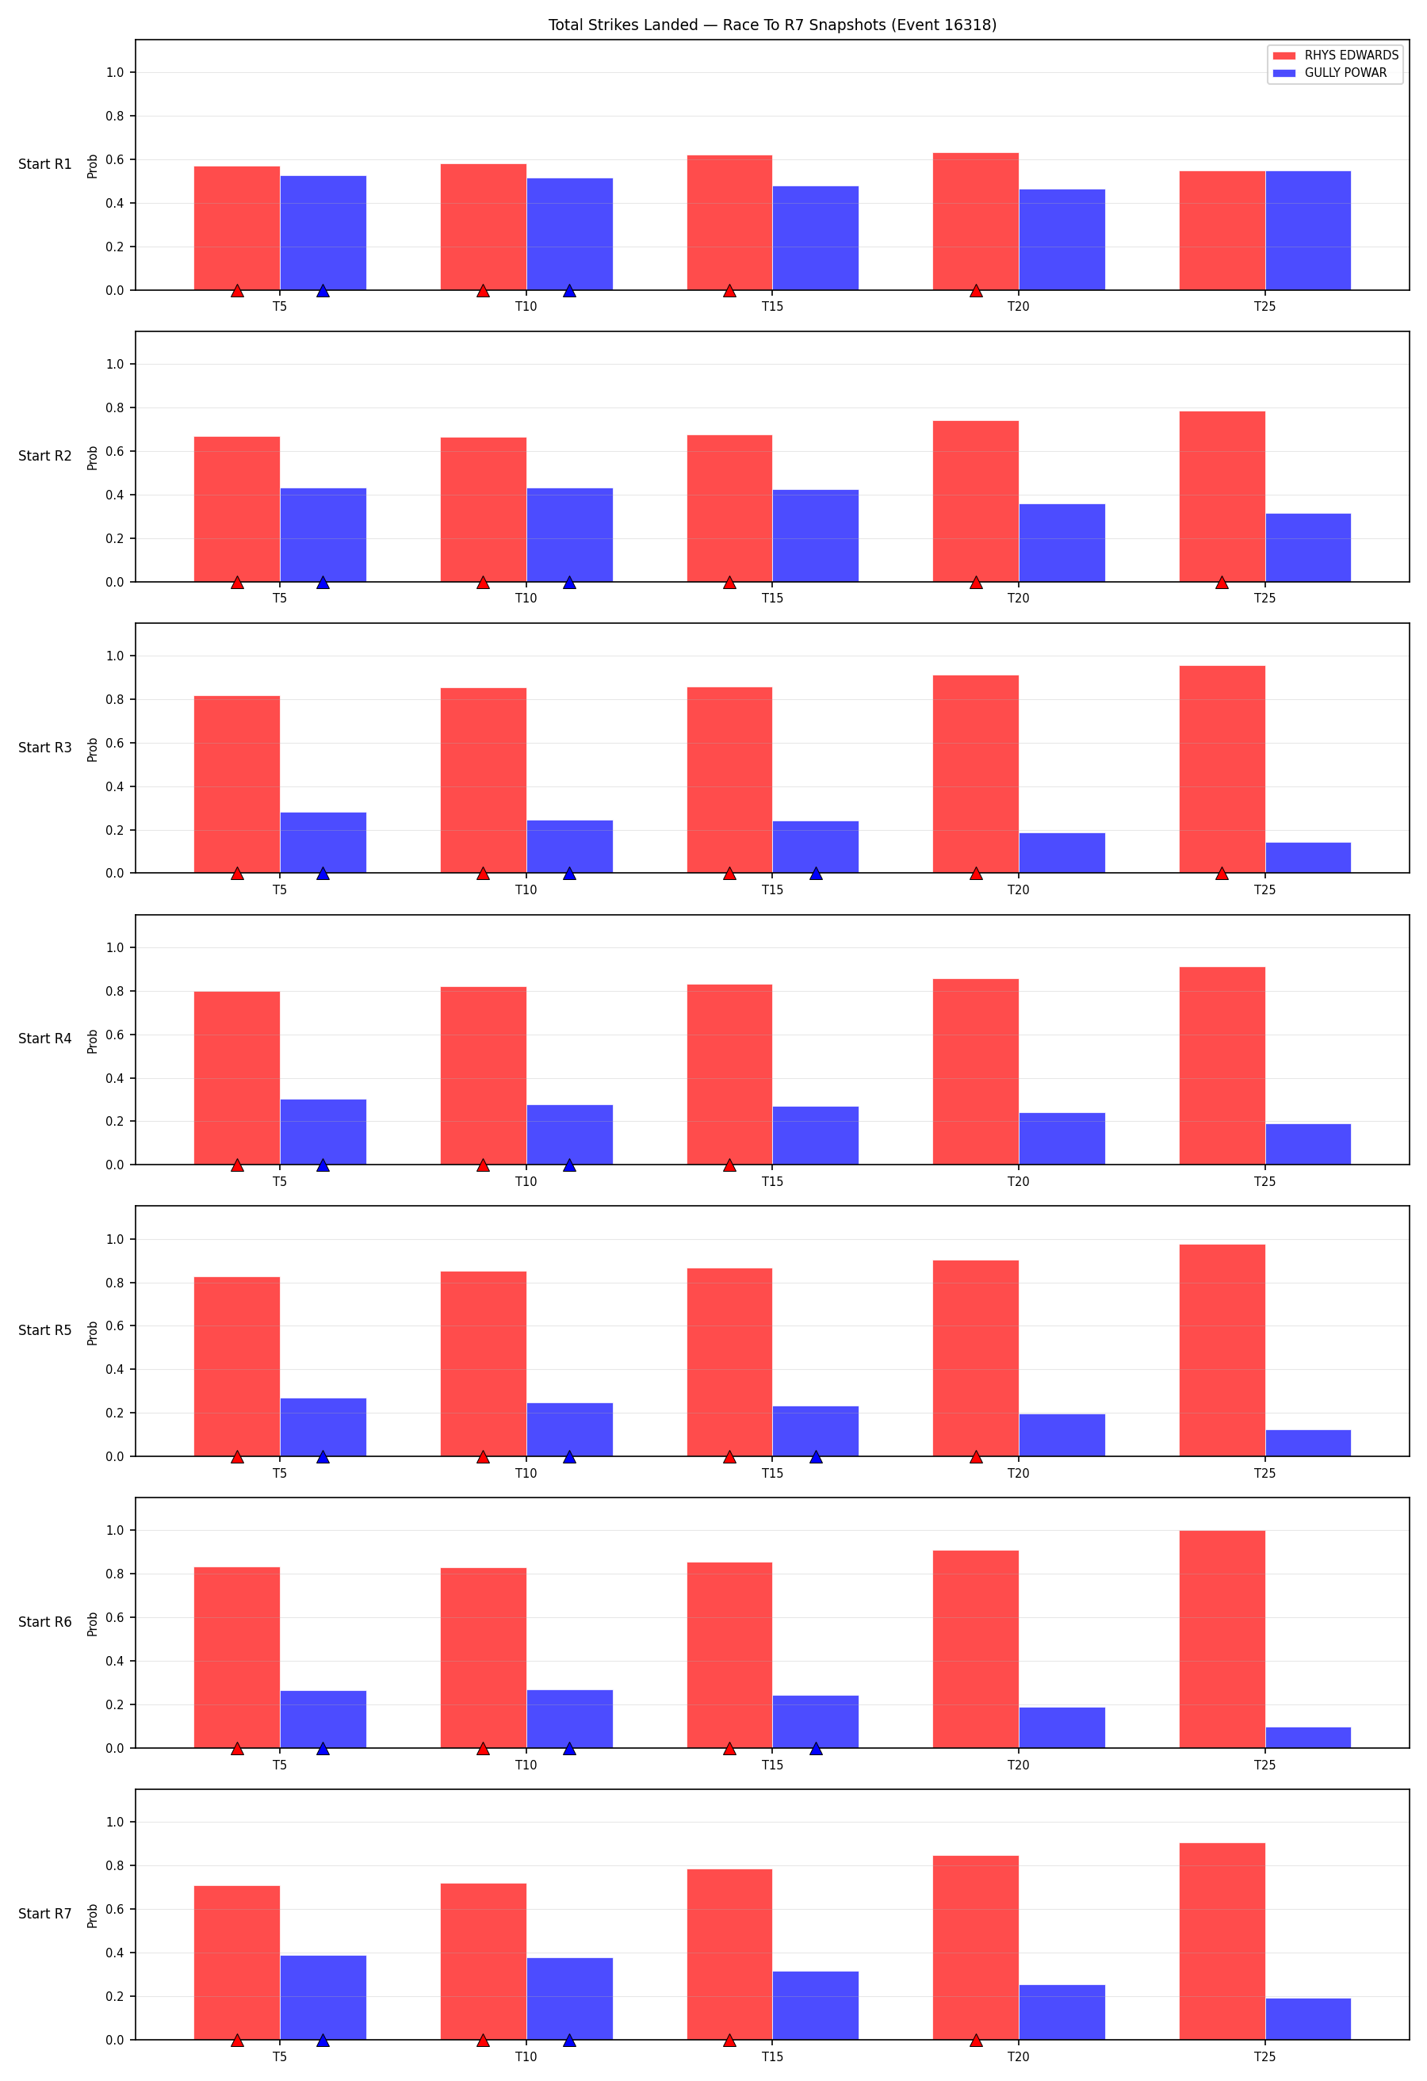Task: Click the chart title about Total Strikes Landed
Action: pyautogui.click(x=771, y=25)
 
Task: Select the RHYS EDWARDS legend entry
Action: pyautogui.click(x=1335, y=55)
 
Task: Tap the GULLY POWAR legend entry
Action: pyautogui.click(x=1329, y=72)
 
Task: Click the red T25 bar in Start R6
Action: pyautogui.click(x=1222, y=1639)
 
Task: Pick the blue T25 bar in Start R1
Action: pyautogui.click(x=1308, y=230)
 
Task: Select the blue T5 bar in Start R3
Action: pyautogui.click(x=323, y=843)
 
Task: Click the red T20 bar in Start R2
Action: pyautogui.click(x=976, y=502)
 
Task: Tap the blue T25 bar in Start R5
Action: pyautogui.click(x=1308, y=1443)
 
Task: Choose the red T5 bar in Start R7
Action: pyautogui.click(x=237, y=1962)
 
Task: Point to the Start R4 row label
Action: pyautogui.click(x=44, y=1039)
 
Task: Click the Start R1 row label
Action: pyautogui.click(x=44, y=164)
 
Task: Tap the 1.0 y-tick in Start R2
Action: pyautogui.click(x=115, y=364)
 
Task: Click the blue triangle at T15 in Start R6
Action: pyautogui.click(x=816, y=1748)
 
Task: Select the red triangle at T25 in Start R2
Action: pyautogui.click(x=1222, y=583)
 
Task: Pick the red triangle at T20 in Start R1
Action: pyautogui.click(x=976, y=291)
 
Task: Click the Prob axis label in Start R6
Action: pyautogui.click(x=92, y=1624)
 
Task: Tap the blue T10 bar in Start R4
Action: pyautogui.click(x=569, y=1134)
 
